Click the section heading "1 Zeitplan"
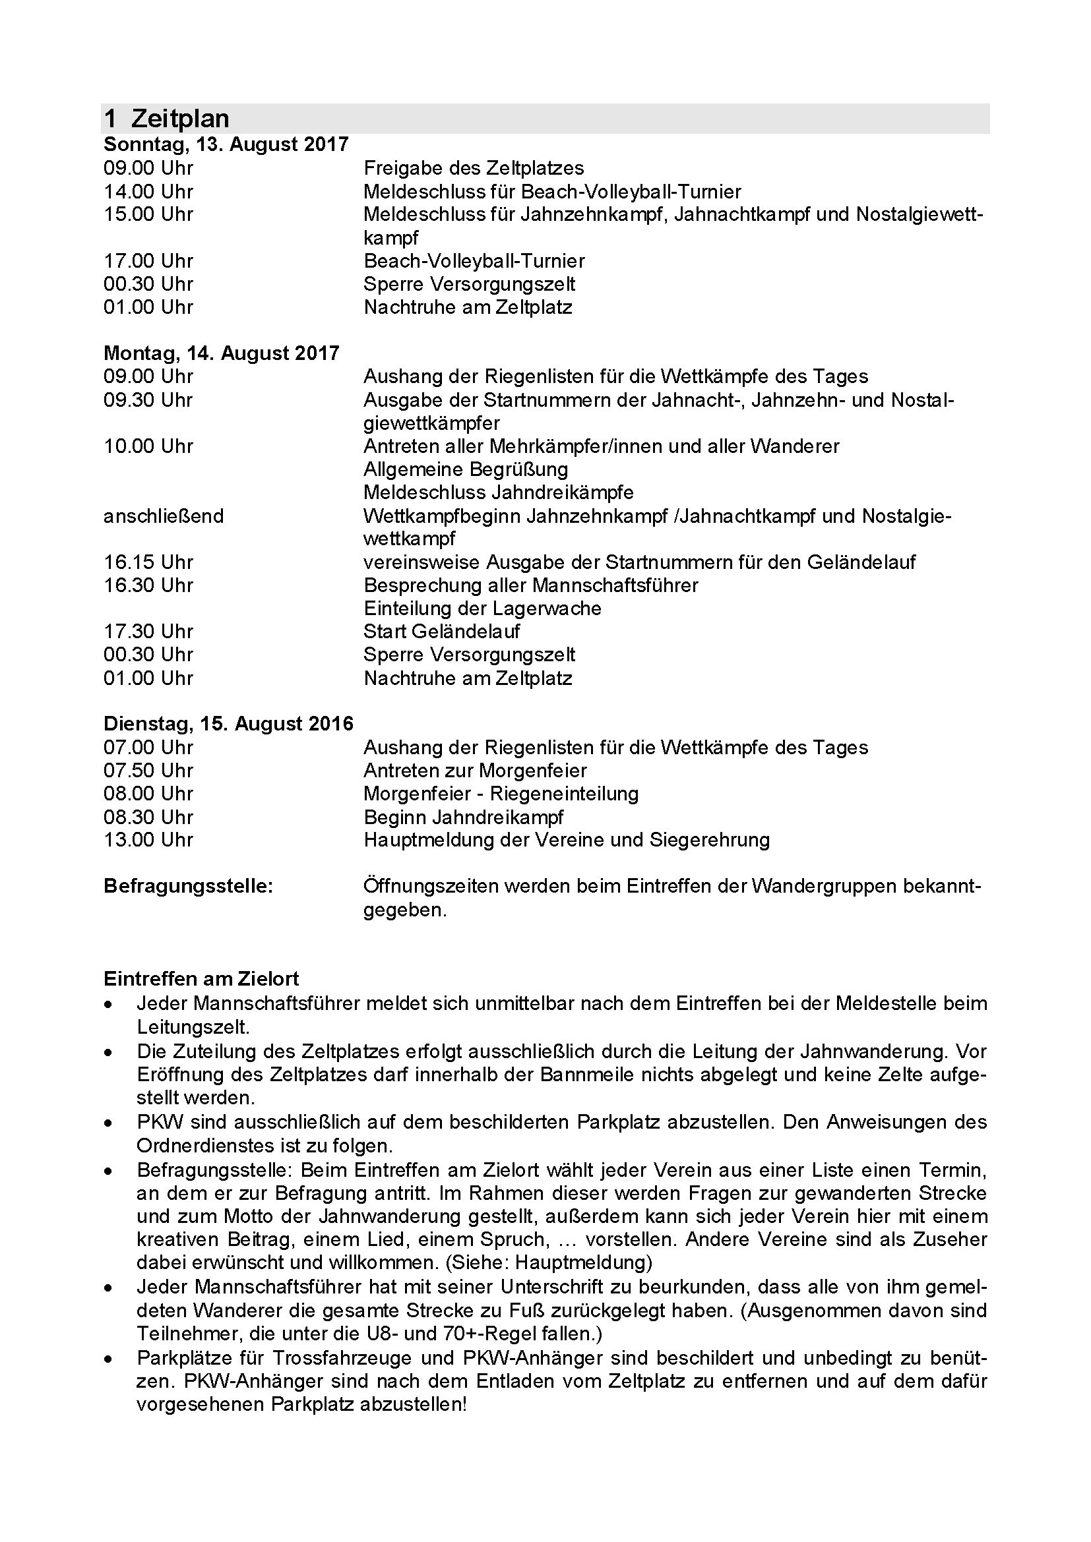coord(167,119)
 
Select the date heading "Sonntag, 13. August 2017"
coord(226,144)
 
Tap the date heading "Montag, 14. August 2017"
coord(221,353)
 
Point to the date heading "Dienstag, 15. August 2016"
coord(228,723)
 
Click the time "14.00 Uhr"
coord(148,191)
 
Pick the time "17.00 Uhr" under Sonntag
coord(148,260)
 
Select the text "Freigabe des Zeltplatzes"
coord(474,168)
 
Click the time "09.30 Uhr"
coord(148,400)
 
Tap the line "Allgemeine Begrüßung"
coord(466,469)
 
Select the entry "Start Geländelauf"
coord(441,632)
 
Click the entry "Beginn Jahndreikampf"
coord(464,817)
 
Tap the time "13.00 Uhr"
coord(148,839)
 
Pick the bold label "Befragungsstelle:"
coord(188,886)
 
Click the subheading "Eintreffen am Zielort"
coord(201,978)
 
